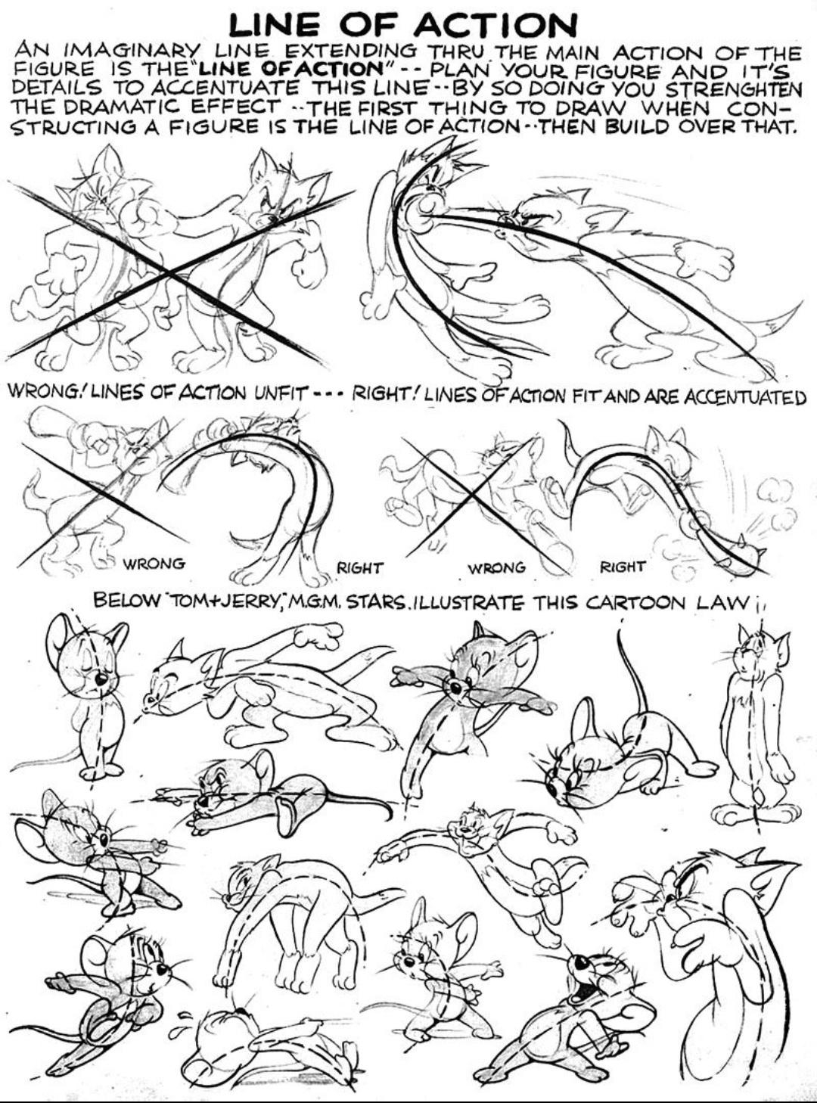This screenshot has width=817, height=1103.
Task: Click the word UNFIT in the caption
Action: tap(281, 393)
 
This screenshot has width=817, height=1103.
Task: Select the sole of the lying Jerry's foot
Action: tap(287, 816)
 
